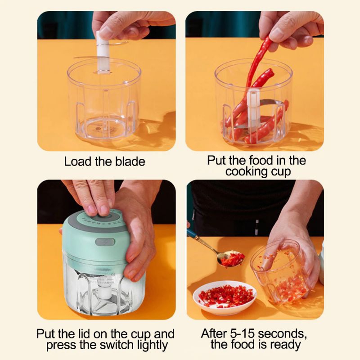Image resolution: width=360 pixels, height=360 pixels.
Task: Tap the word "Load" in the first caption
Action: [78, 162]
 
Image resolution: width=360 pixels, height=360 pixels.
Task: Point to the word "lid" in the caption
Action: [85, 334]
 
